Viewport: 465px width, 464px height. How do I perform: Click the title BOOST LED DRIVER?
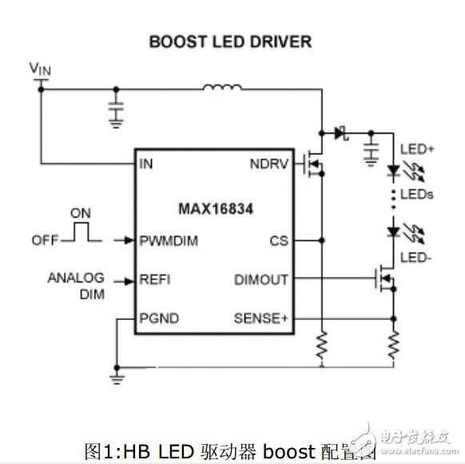pyautogui.click(x=230, y=42)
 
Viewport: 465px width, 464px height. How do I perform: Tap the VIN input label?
pyautogui.click(x=40, y=70)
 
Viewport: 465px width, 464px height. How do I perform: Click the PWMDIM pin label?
pyautogui.click(x=168, y=239)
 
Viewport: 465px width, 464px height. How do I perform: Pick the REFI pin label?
pyautogui.click(x=154, y=280)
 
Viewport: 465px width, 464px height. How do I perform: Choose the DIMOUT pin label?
pyautogui.click(x=262, y=280)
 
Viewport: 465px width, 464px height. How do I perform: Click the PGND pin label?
pyautogui.click(x=158, y=318)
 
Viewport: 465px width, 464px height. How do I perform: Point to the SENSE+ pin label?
pyautogui.click(x=260, y=318)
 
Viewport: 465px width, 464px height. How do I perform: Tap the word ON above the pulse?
pyautogui.click(x=80, y=214)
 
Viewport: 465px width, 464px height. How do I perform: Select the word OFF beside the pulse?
pyautogui.click(x=45, y=239)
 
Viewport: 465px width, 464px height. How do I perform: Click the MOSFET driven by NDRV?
pyautogui.click(x=313, y=163)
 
